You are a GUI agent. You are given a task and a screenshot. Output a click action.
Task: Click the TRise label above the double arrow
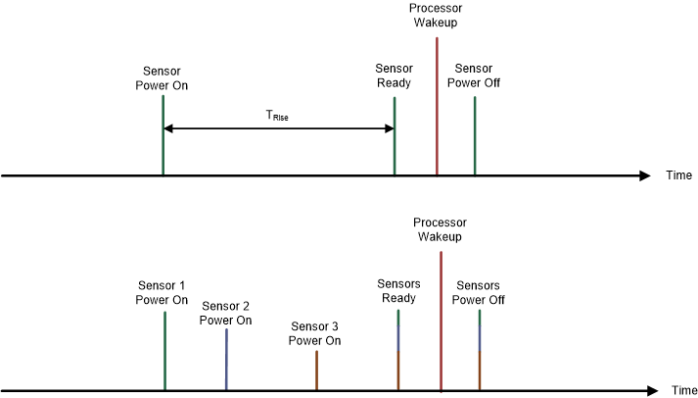pos(277,116)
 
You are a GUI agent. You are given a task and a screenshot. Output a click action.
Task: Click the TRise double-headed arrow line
pos(278,128)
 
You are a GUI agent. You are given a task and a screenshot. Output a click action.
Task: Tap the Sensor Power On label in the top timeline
pos(162,77)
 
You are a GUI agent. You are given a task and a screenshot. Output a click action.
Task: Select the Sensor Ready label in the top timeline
pos(394,75)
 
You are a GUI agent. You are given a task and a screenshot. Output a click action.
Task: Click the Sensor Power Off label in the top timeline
pos(474,75)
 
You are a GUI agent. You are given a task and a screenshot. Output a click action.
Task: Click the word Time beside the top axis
pos(679,175)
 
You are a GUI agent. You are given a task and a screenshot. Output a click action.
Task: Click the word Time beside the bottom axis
pos(684,390)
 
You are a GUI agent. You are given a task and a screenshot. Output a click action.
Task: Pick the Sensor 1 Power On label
pos(163,292)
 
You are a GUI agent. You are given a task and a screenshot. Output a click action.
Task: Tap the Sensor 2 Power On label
pos(225,313)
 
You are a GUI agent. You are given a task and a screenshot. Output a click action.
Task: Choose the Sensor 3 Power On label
pos(314,333)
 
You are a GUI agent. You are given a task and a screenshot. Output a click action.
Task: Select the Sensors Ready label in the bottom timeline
pos(398,291)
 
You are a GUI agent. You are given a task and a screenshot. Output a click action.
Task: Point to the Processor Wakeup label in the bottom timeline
pos(440,229)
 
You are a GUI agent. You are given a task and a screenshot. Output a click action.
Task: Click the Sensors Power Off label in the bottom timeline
pos(480,292)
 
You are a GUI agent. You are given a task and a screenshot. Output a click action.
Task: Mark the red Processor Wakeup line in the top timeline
pos(437,108)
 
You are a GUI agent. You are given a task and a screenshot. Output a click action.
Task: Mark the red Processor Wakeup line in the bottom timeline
pos(442,323)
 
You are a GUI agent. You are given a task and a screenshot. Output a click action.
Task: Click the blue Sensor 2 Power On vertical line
pos(226,360)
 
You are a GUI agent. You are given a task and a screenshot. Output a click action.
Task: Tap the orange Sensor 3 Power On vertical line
pos(316,371)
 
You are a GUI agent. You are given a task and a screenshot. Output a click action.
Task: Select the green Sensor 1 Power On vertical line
pos(164,351)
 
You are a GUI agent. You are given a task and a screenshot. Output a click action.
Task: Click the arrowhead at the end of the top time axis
pos(643,175)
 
